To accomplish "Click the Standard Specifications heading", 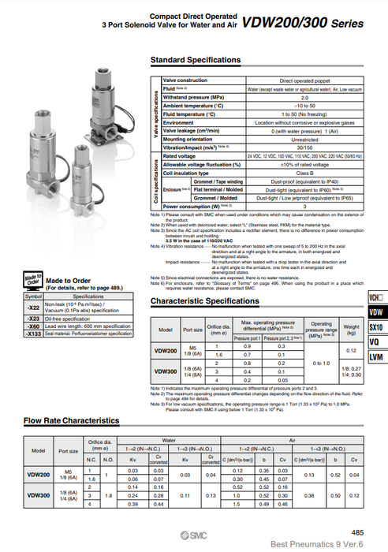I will pos(196,60).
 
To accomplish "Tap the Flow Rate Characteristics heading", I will pos(72,421).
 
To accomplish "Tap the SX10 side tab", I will pos(375,349).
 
